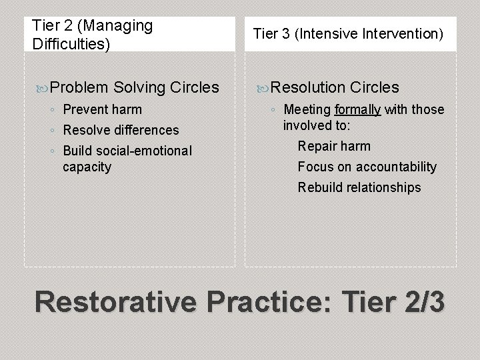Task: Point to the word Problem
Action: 79,87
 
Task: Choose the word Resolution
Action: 308,87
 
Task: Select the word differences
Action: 147,129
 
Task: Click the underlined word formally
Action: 357,109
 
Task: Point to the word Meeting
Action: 307,109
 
